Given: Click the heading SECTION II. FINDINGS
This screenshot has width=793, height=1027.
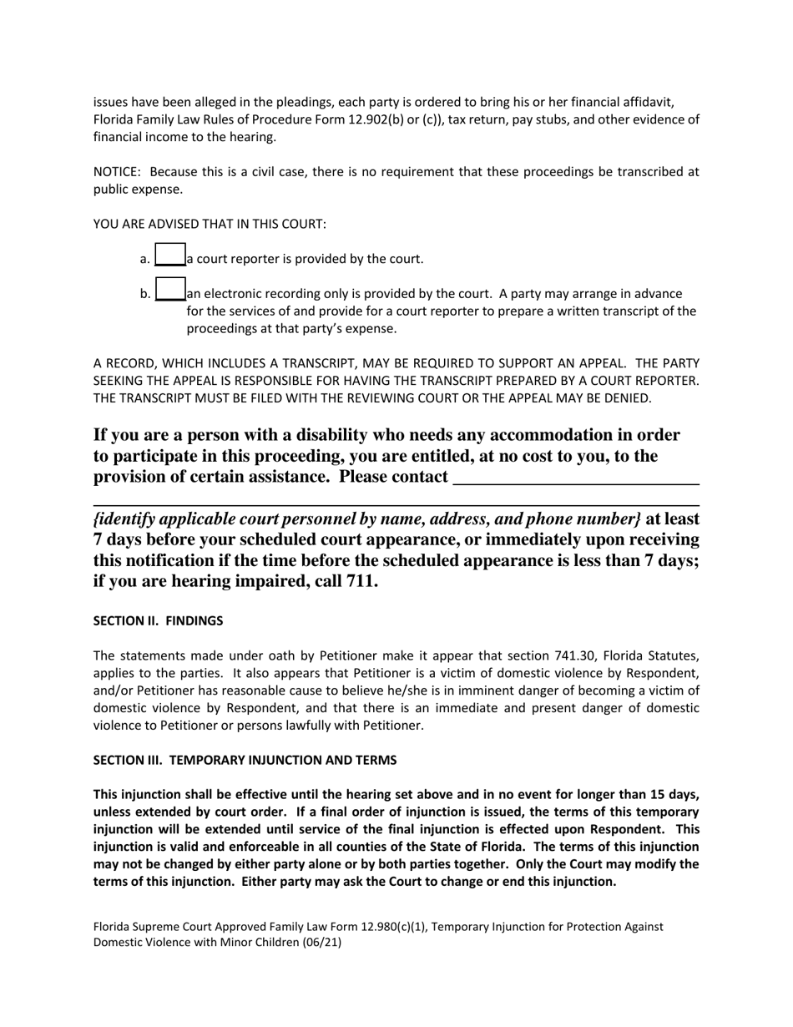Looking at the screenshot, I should tap(158, 621).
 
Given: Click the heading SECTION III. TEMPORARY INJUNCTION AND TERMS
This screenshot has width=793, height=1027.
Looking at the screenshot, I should tap(245, 760).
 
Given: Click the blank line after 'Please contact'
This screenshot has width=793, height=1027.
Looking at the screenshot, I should tap(574, 478).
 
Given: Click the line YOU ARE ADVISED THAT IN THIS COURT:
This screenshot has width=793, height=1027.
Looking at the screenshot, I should tap(210, 224).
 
